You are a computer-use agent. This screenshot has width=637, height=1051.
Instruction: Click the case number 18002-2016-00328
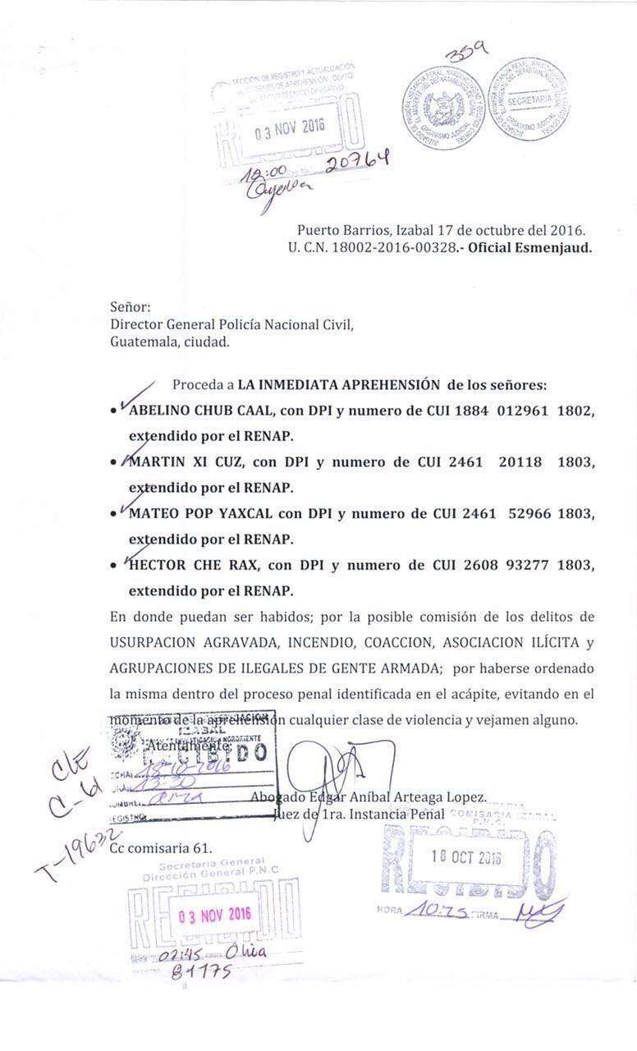coord(383,247)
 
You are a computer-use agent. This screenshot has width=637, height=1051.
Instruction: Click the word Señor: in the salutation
coord(131,307)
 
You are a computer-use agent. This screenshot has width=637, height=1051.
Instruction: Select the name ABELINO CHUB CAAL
coord(196,411)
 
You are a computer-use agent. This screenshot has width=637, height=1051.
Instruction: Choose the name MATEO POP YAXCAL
coord(200,514)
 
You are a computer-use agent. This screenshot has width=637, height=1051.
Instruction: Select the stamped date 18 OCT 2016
coord(466,857)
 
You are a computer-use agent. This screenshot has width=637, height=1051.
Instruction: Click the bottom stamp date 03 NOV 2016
coord(215,915)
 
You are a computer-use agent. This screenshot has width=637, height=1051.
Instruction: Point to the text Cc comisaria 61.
coord(161,848)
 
